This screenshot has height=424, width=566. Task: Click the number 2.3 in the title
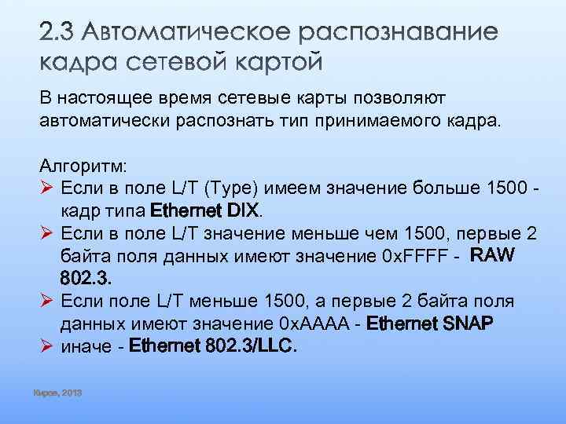[x=57, y=33]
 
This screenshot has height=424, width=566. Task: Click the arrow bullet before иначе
[x=46, y=345]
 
